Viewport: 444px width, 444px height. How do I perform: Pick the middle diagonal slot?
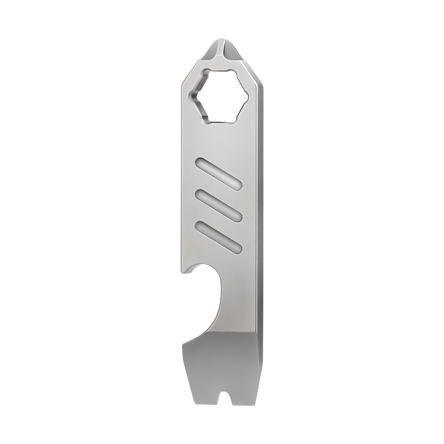[218, 205]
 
